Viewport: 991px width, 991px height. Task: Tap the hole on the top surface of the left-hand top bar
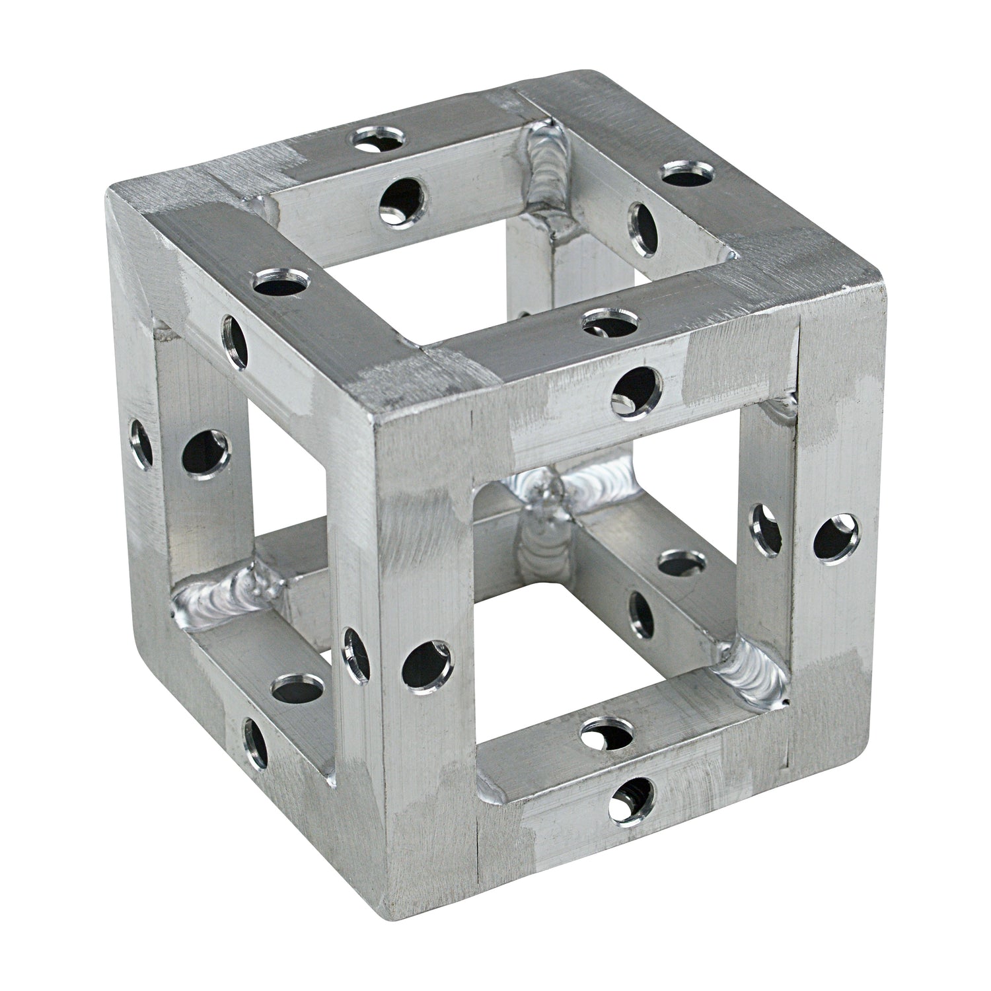click(x=280, y=283)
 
